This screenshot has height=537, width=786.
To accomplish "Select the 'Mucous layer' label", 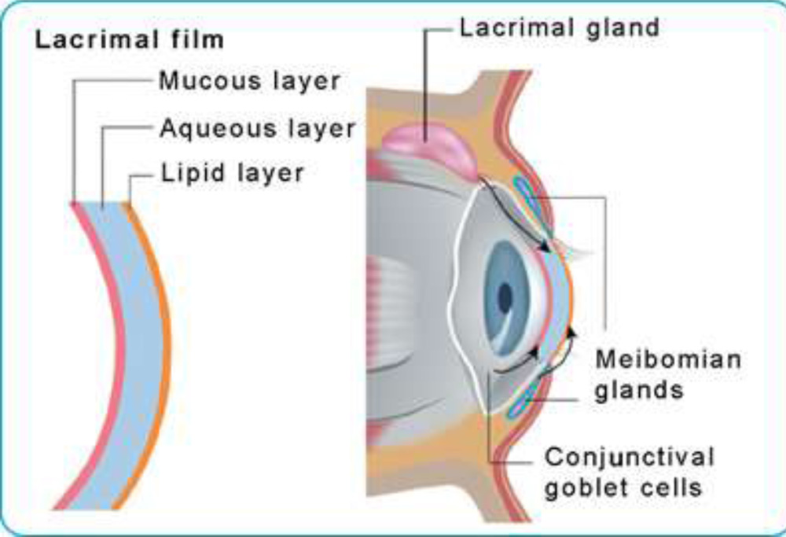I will pyautogui.click(x=249, y=80).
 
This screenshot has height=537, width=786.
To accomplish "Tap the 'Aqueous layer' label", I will pyautogui.click(x=257, y=127).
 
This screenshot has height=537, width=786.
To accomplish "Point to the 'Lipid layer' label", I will pyautogui.click(x=232, y=173).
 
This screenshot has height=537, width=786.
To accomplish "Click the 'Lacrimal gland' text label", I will pyautogui.click(x=559, y=29).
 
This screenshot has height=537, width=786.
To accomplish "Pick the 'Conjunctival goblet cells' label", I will pyautogui.click(x=630, y=472).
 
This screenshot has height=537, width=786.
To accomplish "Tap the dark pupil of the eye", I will pyautogui.click(x=505, y=296).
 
